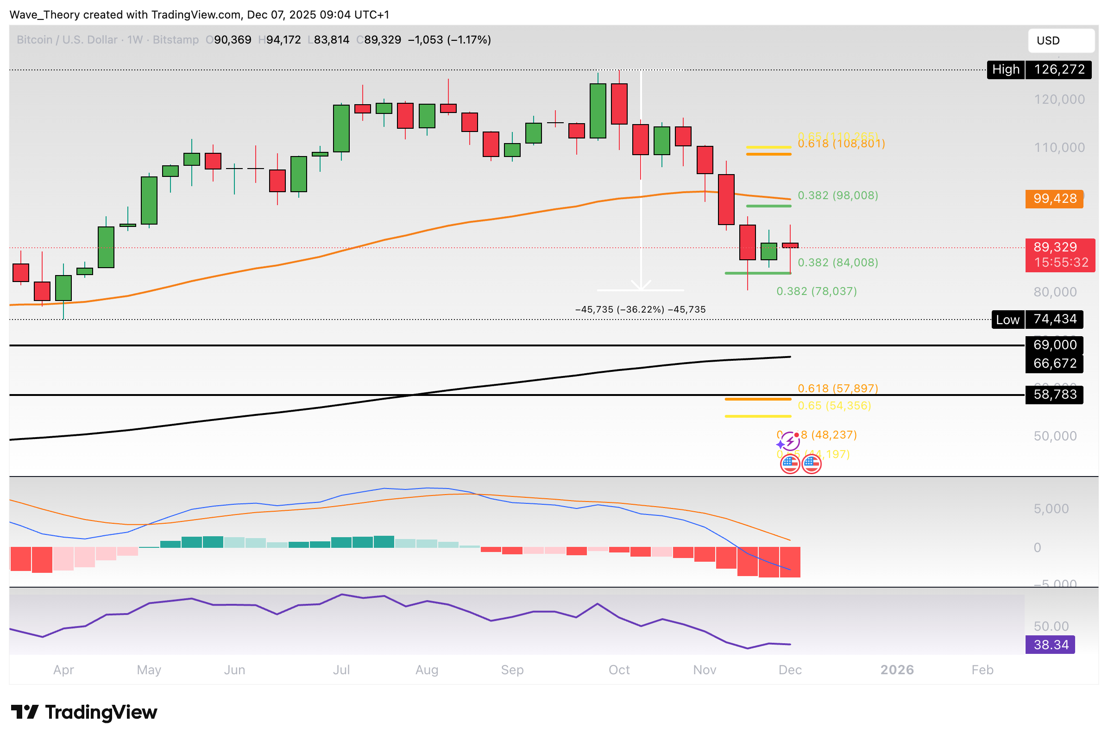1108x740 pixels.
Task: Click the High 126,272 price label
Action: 1039,70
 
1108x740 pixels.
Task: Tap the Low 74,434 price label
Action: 1037,320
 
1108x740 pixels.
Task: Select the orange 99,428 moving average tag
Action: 1054,198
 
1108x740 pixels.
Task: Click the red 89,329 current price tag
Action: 1059,255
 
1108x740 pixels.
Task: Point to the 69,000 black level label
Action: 1054,345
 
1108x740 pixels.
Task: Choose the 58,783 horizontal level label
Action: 1054,394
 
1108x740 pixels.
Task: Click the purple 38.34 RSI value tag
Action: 1050,644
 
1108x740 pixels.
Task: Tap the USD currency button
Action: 1060,41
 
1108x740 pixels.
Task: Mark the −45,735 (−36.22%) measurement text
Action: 640,310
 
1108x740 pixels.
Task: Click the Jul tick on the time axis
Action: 341,670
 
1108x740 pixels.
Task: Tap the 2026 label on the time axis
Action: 896,670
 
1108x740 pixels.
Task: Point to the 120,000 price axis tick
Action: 1059,99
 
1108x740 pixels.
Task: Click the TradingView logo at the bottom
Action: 84,712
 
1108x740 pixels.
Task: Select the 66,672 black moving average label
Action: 1054,364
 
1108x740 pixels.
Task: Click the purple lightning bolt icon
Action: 790,442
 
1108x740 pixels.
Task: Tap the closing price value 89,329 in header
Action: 382,40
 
